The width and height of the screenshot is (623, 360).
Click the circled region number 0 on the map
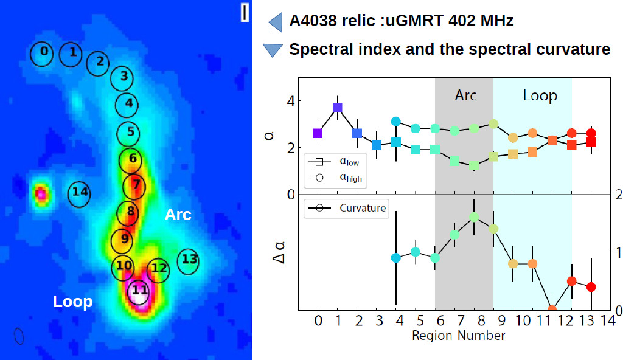tap(43, 53)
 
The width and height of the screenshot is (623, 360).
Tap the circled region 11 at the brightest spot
tap(139, 291)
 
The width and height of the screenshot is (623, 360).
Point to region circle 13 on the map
tap(189, 260)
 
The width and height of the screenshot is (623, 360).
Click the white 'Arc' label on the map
tap(178, 215)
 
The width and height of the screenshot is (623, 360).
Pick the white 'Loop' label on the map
tap(72, 302)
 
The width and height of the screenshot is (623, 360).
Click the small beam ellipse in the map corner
tap(19, 336)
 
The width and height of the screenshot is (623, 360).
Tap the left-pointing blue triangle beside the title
tap(275, 22)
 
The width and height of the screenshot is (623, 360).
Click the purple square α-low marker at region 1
tap(337, 108)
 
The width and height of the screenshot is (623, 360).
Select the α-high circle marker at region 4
tap(395, 122)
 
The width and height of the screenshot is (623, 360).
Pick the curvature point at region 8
tap(474, 216)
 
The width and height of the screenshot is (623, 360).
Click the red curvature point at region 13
tap(591, 286)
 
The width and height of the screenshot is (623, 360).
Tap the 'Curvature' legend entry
tap(362, 209)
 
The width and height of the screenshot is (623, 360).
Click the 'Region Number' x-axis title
tap(458, 335)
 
